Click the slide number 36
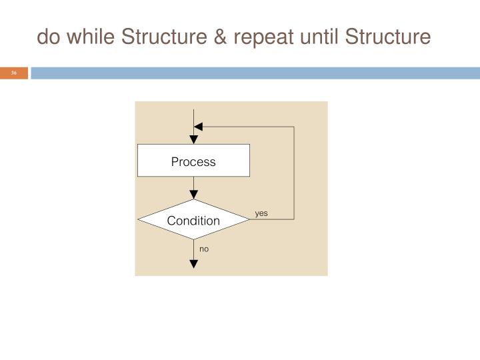(x=13, y=73)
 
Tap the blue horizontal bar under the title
(x=253, y=73)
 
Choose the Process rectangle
(x=193, y=161)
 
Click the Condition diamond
(x=193, y=220)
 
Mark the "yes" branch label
(x=261, y=213)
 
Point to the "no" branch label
(x=204, y=249)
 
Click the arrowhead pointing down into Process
(x=193, y=139)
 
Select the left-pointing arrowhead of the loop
(x=199, y=126)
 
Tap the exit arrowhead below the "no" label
(x=193, y=263)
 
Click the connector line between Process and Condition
(x=193, y=188)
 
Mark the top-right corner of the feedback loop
(x=294, y=126)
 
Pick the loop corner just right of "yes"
(x=294, y=219)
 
